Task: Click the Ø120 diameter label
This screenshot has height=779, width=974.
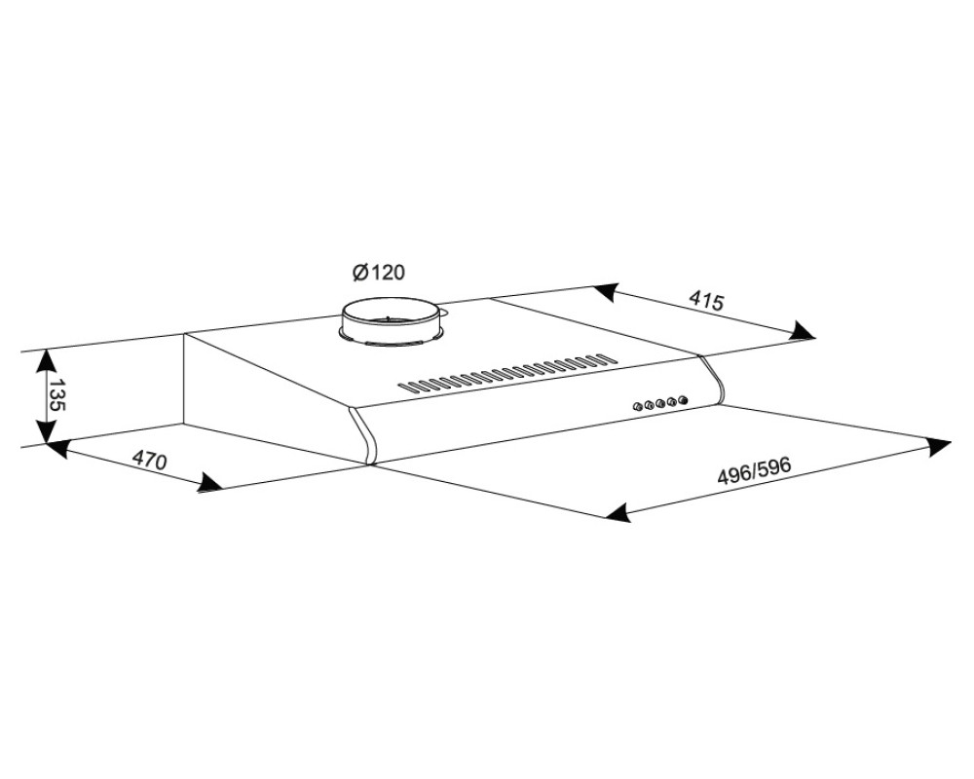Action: (x=378, y=272)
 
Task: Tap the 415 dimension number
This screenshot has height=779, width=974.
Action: (x=707, y=301)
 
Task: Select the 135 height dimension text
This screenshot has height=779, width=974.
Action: (x=57, y=395)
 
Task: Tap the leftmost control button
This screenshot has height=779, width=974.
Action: (x=637, y=408)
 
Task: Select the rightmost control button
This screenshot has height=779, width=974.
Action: (x=684, y=400)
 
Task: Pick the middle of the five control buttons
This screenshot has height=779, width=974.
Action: (x=660, y=404)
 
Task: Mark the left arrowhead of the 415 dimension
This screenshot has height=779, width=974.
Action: (x=607, y=292)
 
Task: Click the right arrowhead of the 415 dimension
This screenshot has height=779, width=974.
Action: (x=802, y=331)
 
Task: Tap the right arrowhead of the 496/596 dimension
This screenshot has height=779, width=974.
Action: (x=937, y=446)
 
